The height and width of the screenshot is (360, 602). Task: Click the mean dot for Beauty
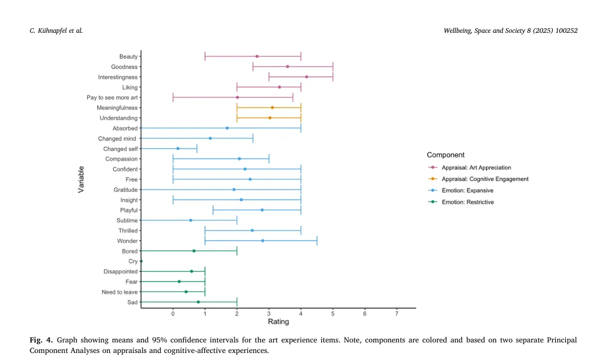[257, 57]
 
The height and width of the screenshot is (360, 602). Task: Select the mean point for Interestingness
[307, 77]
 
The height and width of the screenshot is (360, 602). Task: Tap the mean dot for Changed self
[178, 149]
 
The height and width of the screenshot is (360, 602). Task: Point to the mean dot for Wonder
[263, 241]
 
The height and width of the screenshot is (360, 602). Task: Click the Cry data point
[142, 261]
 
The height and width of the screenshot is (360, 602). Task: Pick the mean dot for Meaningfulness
[273, 108]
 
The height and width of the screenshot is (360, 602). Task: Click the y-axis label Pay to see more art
[112, 98]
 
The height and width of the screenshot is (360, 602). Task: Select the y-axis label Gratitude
[126, 190]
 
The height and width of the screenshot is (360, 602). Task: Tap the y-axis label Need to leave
[119, 292]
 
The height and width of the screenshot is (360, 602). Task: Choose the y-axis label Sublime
[127, 220]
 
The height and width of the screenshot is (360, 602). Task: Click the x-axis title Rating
[278, 322]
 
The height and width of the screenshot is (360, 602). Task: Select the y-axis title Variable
[82, 179]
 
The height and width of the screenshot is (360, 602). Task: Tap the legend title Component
[446, 155]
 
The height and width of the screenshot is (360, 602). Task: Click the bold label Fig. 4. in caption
[41, 340]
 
